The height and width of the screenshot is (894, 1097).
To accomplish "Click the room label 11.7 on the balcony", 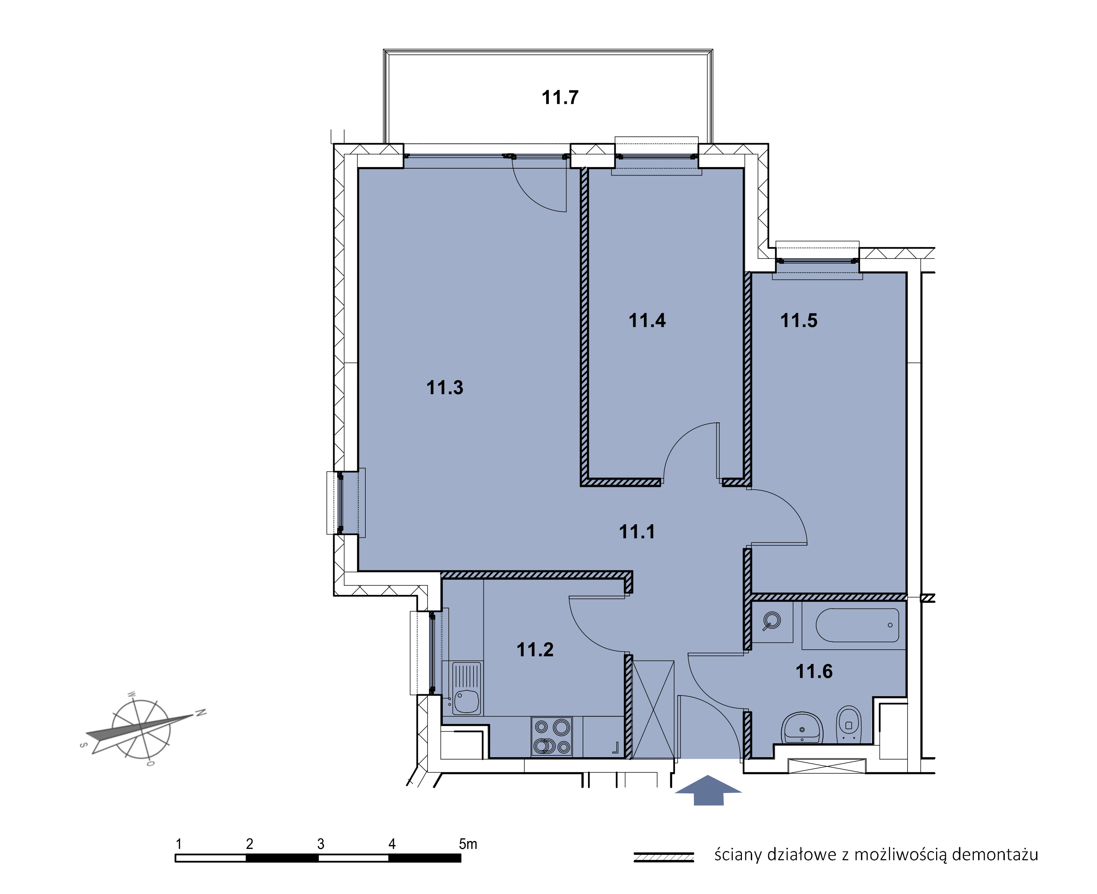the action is click(560, 97).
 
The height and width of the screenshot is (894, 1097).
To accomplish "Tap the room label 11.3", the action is click(445, 387).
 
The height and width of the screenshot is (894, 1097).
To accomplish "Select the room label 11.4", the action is click(647, 320).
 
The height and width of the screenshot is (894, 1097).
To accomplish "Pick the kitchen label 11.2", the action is click(535, 649).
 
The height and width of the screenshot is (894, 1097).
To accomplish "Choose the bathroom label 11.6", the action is click(814, 671).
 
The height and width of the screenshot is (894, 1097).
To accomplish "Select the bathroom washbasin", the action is click(802, 729).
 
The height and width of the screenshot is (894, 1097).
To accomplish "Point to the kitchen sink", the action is click(466, 688).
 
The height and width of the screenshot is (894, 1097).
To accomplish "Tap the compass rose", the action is click(142, 729).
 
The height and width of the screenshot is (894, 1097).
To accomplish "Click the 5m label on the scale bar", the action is click(468, 844).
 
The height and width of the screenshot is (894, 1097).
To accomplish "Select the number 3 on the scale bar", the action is click(321, 844).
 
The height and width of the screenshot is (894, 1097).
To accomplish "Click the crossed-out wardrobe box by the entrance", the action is click(653, 710).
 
